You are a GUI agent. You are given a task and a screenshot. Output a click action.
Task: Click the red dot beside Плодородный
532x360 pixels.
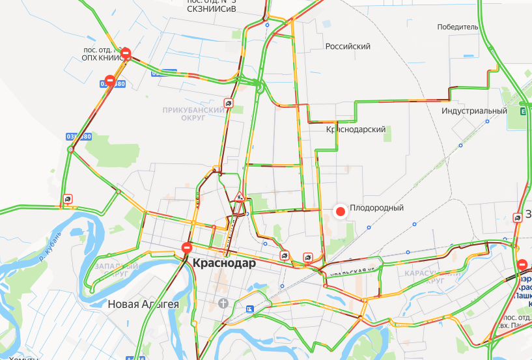point(339,211)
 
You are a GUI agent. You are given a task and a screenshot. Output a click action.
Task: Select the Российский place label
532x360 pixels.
point(348,47)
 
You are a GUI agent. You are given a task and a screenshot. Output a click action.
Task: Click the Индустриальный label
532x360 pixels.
point(473,111)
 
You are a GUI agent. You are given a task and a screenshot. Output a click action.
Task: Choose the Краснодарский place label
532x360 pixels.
point(356,130)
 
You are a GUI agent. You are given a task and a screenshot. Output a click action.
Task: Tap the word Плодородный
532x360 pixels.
point(377,208)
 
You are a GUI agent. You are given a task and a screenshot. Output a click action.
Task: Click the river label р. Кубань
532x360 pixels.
point(51,243)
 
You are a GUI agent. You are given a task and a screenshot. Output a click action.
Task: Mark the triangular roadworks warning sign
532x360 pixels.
point(239,196)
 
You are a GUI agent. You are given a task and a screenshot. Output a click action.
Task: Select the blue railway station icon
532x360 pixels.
point(250,309)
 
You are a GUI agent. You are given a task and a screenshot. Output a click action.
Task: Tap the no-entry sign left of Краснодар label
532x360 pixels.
point(187,247)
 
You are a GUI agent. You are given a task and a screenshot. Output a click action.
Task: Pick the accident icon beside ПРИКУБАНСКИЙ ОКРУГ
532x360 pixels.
point(229,103)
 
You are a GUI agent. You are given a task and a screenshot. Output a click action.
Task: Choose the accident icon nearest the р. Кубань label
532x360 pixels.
point(68,199)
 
